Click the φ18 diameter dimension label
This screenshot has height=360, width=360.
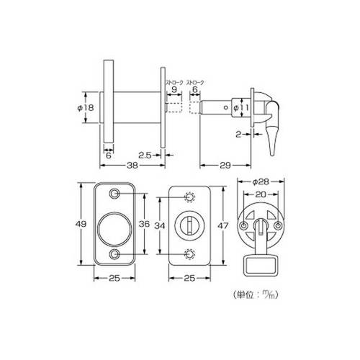point(86,108)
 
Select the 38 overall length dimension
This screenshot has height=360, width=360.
point(132,165)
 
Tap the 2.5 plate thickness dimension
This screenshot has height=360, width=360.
point(145,156)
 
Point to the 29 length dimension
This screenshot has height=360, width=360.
point(225,165)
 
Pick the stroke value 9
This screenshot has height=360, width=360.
point(174,89)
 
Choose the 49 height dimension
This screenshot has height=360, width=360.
point(81,224)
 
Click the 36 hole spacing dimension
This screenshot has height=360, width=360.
point(144,224)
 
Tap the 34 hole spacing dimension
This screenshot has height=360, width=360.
point(160,225)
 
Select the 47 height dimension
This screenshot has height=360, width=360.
point(222,225)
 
